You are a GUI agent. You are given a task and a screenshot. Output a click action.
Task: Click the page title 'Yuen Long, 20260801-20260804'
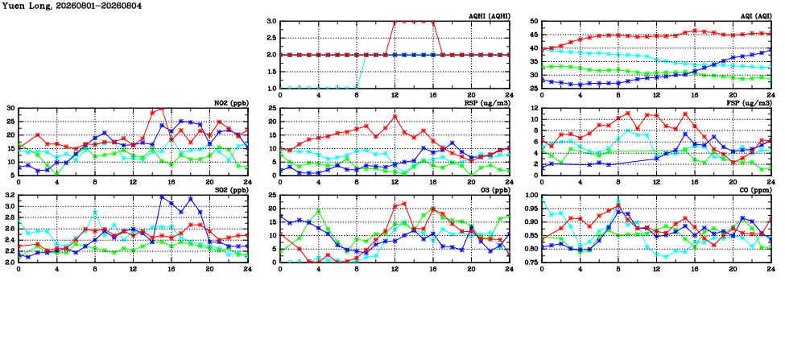pyautogui.click(x=72, y=6)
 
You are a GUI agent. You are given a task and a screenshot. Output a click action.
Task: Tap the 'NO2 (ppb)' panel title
pyautogui.click(x=232, y=103)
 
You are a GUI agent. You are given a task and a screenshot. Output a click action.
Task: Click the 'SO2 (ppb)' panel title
pyautogui.click(x=232, y=190)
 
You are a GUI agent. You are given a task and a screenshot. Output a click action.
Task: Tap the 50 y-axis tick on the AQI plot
pyautogui.click(x=534, y=22)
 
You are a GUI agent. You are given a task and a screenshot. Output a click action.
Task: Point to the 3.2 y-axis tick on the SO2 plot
pyautogui.click(x=10, y=195)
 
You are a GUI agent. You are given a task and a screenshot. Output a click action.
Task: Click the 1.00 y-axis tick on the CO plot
pyautogui.click(x=531, y=195)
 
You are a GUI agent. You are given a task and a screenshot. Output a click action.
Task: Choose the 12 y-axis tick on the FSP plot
pyautogui.click(x=534, y=108)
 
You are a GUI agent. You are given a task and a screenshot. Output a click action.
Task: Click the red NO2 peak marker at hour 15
pyautogui.click(x=162, y=109)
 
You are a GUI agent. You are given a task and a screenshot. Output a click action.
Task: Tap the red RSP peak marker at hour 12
pyautogui.click(x=395, y=117)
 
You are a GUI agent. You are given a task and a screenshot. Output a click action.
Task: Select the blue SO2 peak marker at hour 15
pyautogui.click(x=162, y=197)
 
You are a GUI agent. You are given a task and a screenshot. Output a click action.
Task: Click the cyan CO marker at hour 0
pyautogui.click(x=543, y=199)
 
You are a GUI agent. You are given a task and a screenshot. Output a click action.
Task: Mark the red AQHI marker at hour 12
pyautogui.click(x=395, y=22)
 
